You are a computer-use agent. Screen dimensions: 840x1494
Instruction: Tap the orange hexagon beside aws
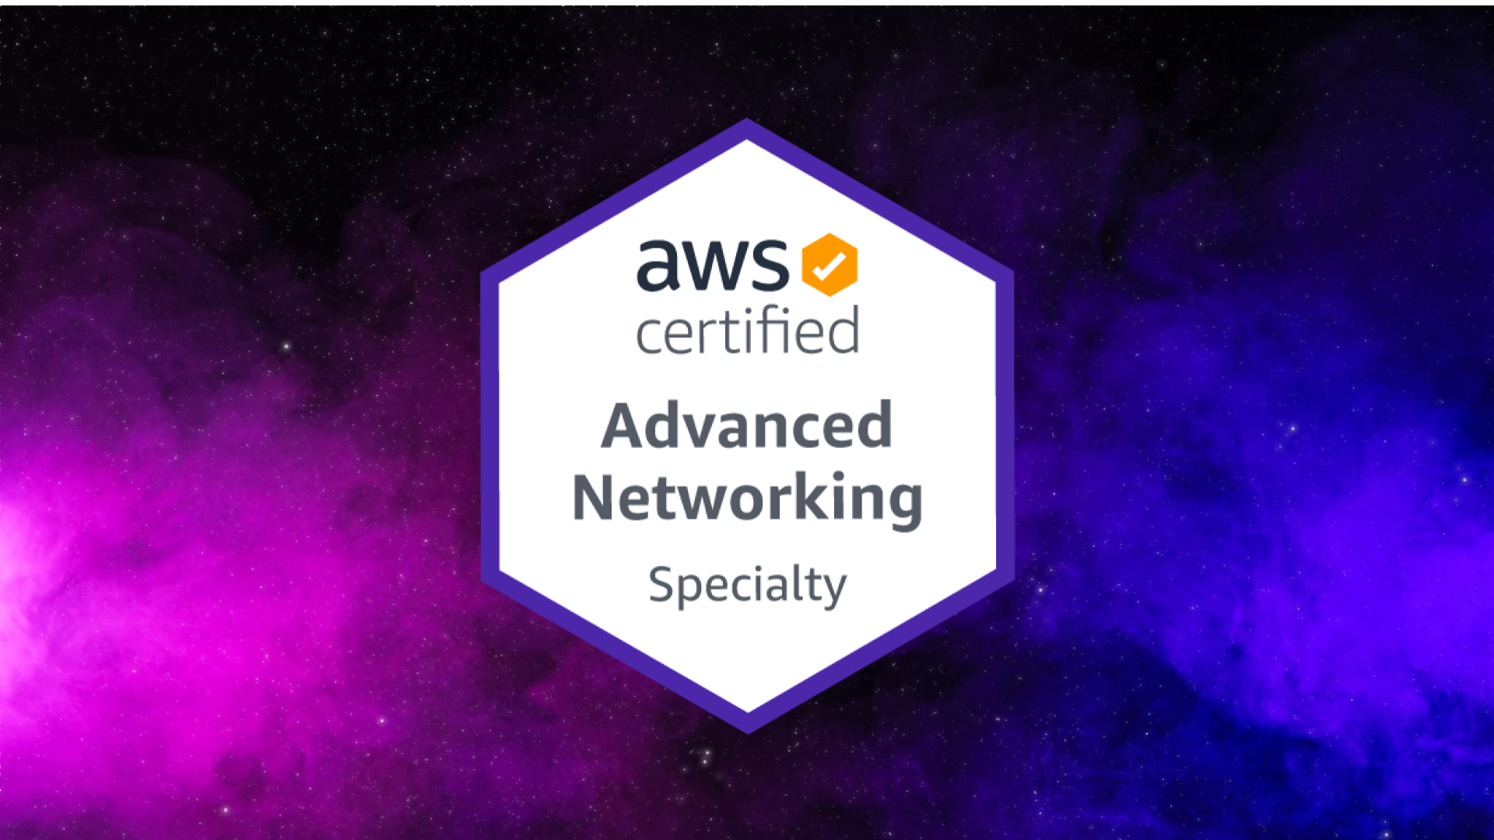click(829, 264)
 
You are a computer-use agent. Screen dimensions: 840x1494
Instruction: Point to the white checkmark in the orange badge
click(829, 266)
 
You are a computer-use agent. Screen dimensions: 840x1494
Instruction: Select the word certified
click(747, 331)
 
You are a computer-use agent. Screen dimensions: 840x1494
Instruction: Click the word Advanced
click(747, 425)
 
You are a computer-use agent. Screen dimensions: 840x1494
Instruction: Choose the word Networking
click(747, 499)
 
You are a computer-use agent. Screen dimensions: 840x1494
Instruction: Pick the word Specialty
click(747, 585)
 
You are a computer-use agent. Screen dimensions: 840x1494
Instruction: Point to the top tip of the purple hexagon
click(747, 121)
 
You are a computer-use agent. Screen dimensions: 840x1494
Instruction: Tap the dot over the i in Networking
click(838, 475)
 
